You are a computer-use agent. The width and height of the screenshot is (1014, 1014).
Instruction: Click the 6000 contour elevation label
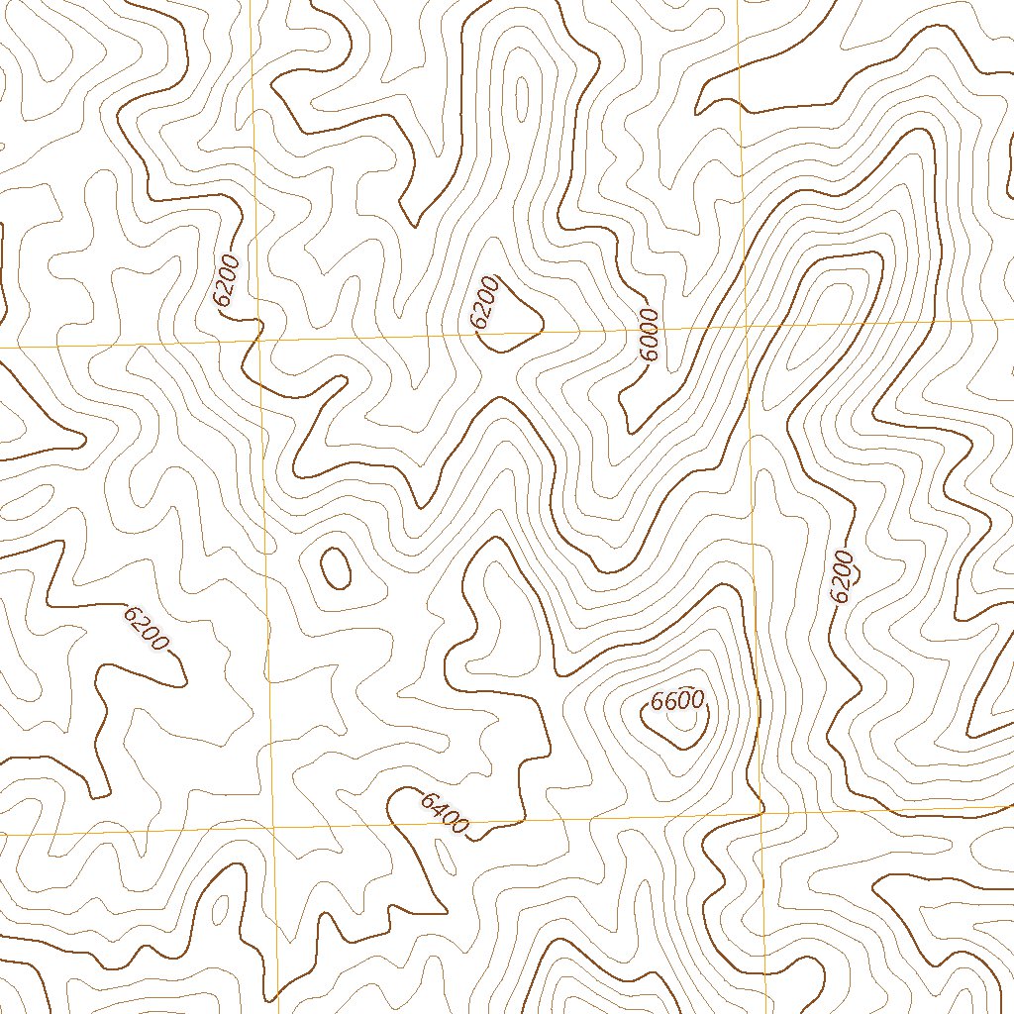(649, 337)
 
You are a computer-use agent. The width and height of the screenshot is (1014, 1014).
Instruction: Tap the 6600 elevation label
(677, 701)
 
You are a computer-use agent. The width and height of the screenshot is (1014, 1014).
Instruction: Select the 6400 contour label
(444, 813)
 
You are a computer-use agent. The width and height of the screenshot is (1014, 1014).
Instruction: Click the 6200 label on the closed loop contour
(484, 302)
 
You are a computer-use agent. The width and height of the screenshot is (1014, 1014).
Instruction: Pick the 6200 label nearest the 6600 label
(841, 576)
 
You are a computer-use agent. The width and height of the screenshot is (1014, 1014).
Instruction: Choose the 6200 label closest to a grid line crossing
(227, 281)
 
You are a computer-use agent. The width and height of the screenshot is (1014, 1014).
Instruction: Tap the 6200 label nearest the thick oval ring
(147, 628)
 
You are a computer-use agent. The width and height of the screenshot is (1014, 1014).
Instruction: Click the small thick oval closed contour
(336, 567)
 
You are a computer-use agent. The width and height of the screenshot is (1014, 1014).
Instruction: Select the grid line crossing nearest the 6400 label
(272, 826)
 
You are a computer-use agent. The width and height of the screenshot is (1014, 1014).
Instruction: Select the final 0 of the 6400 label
(457, 824)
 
